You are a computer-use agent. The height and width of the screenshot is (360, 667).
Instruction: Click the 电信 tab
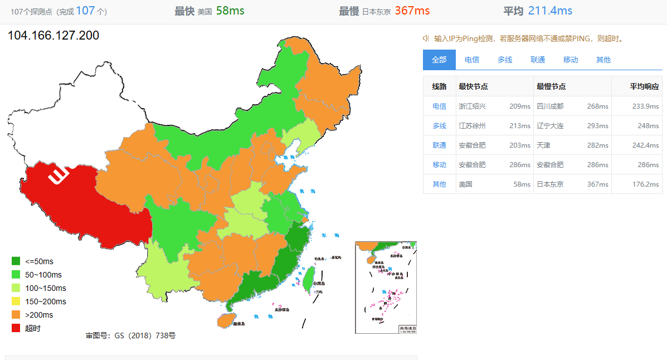click(x=472, y=60)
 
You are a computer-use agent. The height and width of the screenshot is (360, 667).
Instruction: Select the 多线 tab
click(x=505, y=60)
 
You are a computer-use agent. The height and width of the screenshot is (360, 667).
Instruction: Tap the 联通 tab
click(x=538, y=60)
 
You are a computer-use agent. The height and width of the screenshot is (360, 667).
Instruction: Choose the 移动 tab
click(x=571, y=60)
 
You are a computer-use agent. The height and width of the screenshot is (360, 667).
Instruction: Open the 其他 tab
click(x=603, y=60)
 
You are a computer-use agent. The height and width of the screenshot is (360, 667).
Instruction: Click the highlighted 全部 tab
click(x=439, y=60)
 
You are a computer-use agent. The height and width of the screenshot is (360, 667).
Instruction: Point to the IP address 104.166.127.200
click(x=53, y=36)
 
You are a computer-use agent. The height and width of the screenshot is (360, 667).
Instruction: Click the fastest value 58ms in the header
click(x=230, y=11)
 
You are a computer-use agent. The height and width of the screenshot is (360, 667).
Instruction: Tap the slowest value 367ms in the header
click(x=412, y=11)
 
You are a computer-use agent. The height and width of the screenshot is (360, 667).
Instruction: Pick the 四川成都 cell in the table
click(x=550, y=106)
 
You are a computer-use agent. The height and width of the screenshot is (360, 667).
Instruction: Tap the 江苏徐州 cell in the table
click(x=472, y=126)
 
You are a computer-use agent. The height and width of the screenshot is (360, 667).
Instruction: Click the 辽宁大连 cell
click(x=550, y=126)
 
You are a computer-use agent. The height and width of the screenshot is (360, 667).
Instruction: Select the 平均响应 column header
click(x=644, y=86)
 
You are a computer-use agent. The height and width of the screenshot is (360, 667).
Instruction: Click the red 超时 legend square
click(x=16, y=328)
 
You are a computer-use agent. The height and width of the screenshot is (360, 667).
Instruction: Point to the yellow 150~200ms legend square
click(x=16, y=301)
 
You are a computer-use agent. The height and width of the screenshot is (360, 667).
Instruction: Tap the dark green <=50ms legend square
click(x=16, y=261)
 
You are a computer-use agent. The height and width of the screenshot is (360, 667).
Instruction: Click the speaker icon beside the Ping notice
click(x=426, y=38)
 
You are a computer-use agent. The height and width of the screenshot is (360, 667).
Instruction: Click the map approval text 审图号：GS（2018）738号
click(x=130, y=335)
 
